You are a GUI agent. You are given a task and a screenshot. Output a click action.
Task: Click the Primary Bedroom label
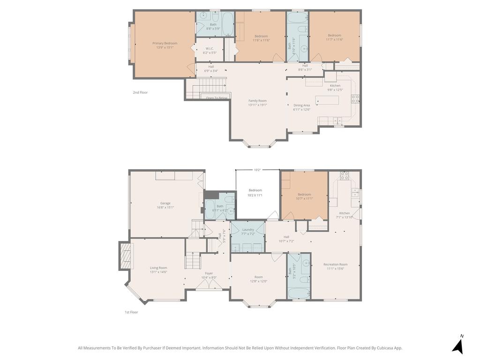(165, 43)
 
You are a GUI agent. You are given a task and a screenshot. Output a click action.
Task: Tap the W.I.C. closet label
(210, 48)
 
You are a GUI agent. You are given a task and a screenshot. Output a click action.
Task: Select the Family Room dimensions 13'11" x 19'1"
(257, 105)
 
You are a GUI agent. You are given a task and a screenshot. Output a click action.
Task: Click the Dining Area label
(301, 105)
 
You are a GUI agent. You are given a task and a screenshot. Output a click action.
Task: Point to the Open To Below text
(217, 98)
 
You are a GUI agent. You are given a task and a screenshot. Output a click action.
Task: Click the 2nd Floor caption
(140, 92)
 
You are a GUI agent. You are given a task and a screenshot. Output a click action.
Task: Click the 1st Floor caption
(131, 312)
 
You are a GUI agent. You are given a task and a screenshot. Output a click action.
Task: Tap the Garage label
(165, 203)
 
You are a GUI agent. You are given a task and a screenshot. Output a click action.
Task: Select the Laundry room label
(248, 229)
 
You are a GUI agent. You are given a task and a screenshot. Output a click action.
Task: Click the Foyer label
(209, 273)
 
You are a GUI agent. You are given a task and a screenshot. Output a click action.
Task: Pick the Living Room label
(158, 268)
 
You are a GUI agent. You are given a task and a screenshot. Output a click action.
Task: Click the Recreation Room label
(335, 264)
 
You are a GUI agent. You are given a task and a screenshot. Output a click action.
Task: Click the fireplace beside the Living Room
(125, 255)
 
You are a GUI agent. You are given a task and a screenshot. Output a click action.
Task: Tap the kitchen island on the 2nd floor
(327, 100)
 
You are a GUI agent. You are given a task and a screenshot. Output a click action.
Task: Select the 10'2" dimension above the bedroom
(257, 170)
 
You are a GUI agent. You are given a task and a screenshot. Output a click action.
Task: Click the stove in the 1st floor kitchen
(345, 176)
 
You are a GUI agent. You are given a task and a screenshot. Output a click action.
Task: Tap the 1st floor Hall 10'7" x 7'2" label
(286, 237)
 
